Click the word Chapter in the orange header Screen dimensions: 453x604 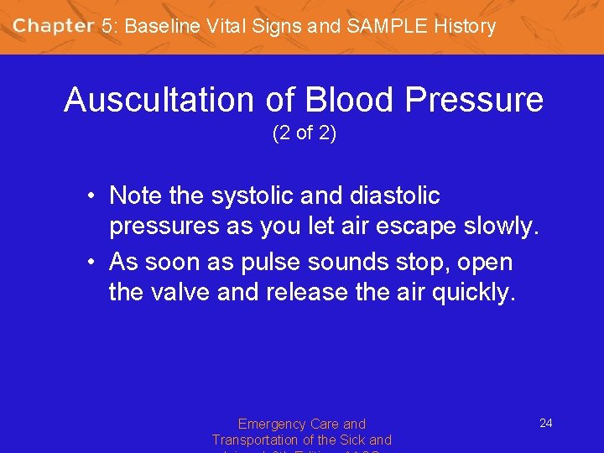pyautogui.click(x=53, y=26)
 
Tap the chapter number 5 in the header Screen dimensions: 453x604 pyautogui.click(x=107, y=26)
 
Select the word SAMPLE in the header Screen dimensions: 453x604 pyautogui.click(x=386, y=26)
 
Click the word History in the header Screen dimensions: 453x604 pyautogui.click(x=465, y=26)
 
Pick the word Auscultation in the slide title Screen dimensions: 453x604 pyautogui.click(x=161, y=101)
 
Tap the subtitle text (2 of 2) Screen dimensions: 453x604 pyautogui.click(x=304, y=133)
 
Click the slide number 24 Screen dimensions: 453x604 pyautogui.click(x=545, y=423)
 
